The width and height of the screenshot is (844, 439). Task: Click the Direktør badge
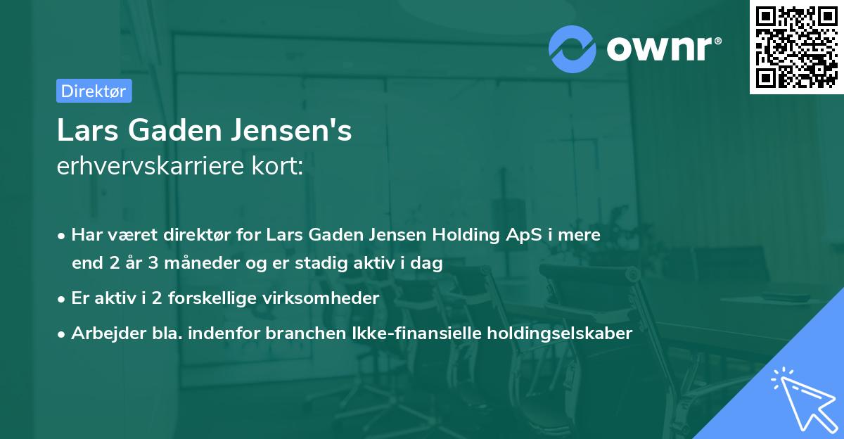point(94,91)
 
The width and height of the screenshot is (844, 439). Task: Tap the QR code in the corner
point(796,46)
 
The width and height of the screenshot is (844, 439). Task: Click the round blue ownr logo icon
point(573,49)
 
